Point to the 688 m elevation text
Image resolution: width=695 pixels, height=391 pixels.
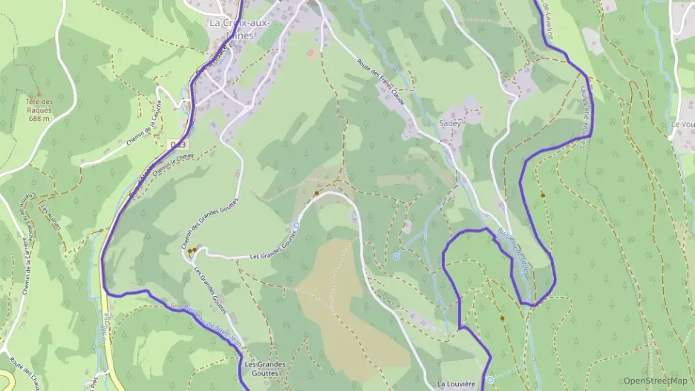39,118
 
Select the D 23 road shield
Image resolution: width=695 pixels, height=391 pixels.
177,143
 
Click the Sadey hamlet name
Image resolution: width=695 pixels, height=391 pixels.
450,123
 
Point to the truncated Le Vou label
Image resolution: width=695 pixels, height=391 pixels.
682,124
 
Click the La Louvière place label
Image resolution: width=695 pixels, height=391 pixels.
456,384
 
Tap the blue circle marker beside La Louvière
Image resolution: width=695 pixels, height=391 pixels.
490,380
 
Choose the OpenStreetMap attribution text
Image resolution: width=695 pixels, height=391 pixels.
655,381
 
